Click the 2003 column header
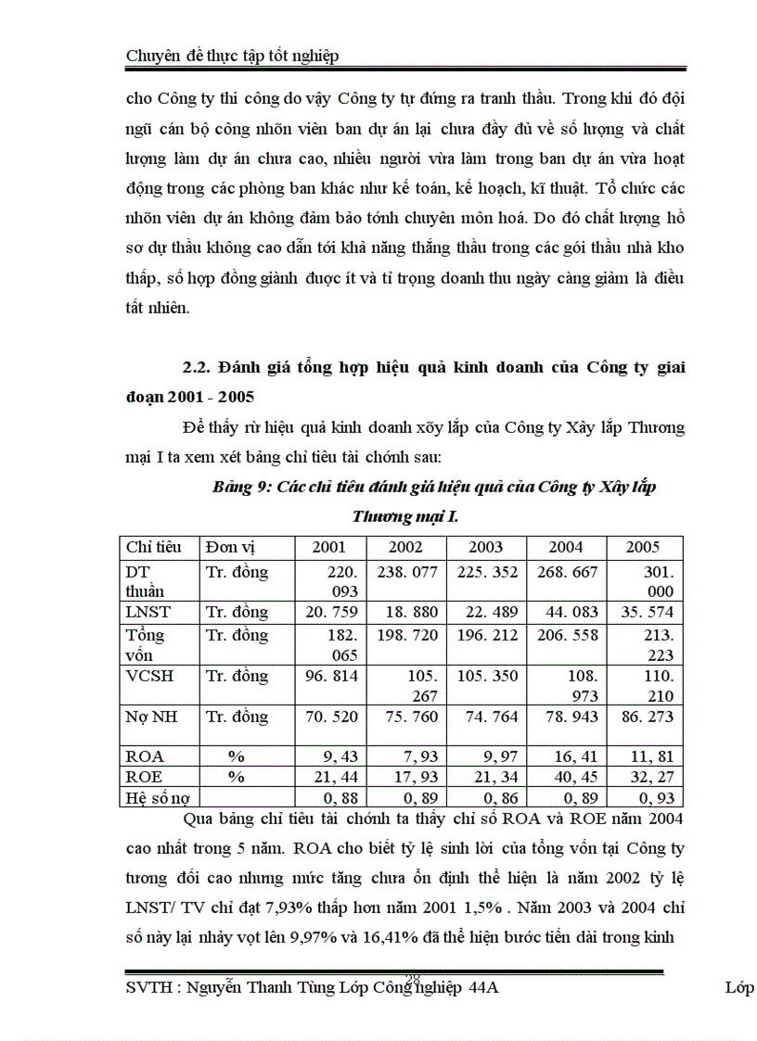[486, 547]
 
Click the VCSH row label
[148, 676]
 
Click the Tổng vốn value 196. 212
[486, 635]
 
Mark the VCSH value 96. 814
[331, 676]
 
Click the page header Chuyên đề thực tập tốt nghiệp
[232, 56]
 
